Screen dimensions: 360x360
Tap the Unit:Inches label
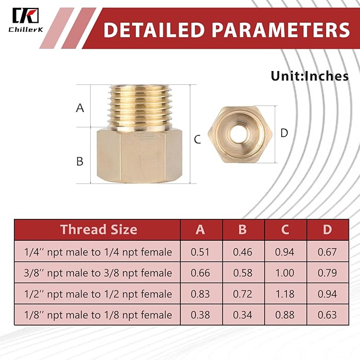pyautogui.click(x=310, y=76)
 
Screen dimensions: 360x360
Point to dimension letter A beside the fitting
pyautogui.click(x=80, y=108)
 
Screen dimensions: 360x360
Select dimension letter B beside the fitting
pyautogui.click(x=80, y=161)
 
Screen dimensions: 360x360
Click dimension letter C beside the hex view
pyautogui.click(x=197, y=140)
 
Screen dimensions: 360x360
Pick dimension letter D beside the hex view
pyautogui.click(x=284, y=133)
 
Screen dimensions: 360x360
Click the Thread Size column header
pyautogui.click(x=99, y=230)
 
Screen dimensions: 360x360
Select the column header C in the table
pyautogui.click(x=285, y=230)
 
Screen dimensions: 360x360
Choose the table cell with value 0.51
pyautogui.click(x=200, y=252)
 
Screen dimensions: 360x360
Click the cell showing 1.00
pyautogui.click(x=285, y=273)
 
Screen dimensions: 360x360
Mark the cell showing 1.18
pyautogui.click(x=285, y=294)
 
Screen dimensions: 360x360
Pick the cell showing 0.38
pyautogui.click(x=200, y=315)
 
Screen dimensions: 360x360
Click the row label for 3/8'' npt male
pyautogui.click(x=99, y=273)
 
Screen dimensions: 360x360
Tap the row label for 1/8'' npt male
pyautogui.click(x=99, y=315)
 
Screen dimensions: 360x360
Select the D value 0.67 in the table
pyautogui.click(x=328, y=252)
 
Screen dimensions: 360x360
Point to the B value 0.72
pyautogui.click(x=243, y=294)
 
